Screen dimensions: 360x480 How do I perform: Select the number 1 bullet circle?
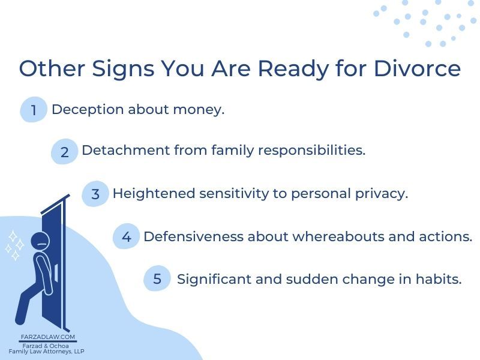click(x=34, y=110)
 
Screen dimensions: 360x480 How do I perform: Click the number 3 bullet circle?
click(x=95, y=194)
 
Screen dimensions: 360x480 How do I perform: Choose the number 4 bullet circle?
click(x=126, y=237)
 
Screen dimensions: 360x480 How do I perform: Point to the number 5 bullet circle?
click(x=157, y=279)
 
